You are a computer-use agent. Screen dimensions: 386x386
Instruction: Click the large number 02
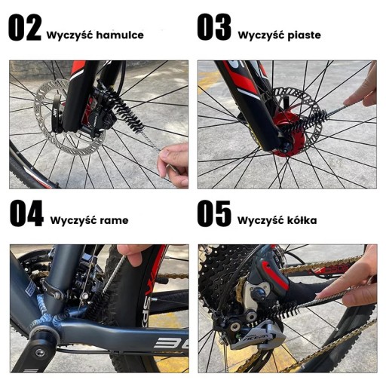point(25,27)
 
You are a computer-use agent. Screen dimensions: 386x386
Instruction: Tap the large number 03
point(214,27)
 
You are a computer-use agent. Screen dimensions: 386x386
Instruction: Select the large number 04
point(26,213)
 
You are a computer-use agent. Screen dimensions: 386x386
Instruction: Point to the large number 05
point(214,213)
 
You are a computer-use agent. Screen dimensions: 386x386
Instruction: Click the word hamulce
point(120,35)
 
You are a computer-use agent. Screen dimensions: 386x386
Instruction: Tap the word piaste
point(304,35)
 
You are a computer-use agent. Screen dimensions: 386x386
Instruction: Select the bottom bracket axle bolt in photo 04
point(40,353)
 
